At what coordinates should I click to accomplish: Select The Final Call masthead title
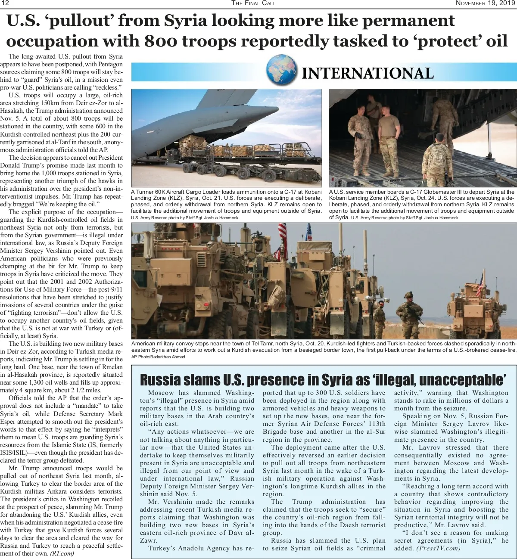(x=253, y=3)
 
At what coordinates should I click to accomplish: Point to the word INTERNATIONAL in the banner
(x=368, y=73)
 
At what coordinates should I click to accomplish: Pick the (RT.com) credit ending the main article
(x=62, y=553)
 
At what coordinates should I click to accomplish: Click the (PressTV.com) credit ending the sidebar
(x=438, y=548)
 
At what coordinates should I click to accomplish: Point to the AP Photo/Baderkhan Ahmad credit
(x=158, y=357)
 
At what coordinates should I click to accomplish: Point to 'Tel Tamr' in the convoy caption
(x=264, y=344)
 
